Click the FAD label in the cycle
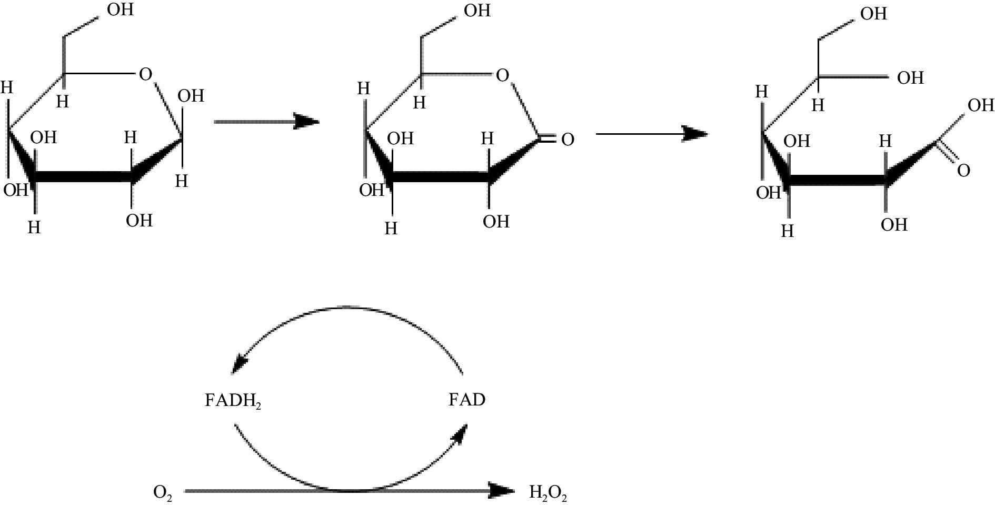466,400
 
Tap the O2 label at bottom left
163,493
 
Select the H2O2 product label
548,493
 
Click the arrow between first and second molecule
266,122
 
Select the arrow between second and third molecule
651,134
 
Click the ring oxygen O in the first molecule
145,74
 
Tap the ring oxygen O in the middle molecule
503,76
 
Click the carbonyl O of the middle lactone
567,140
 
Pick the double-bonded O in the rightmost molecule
963,171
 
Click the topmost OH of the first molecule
120,9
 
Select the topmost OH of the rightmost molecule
873,14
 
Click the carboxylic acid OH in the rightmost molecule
981,105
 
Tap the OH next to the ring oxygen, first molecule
191,96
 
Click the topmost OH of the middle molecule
477,11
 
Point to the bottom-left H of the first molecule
34,227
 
